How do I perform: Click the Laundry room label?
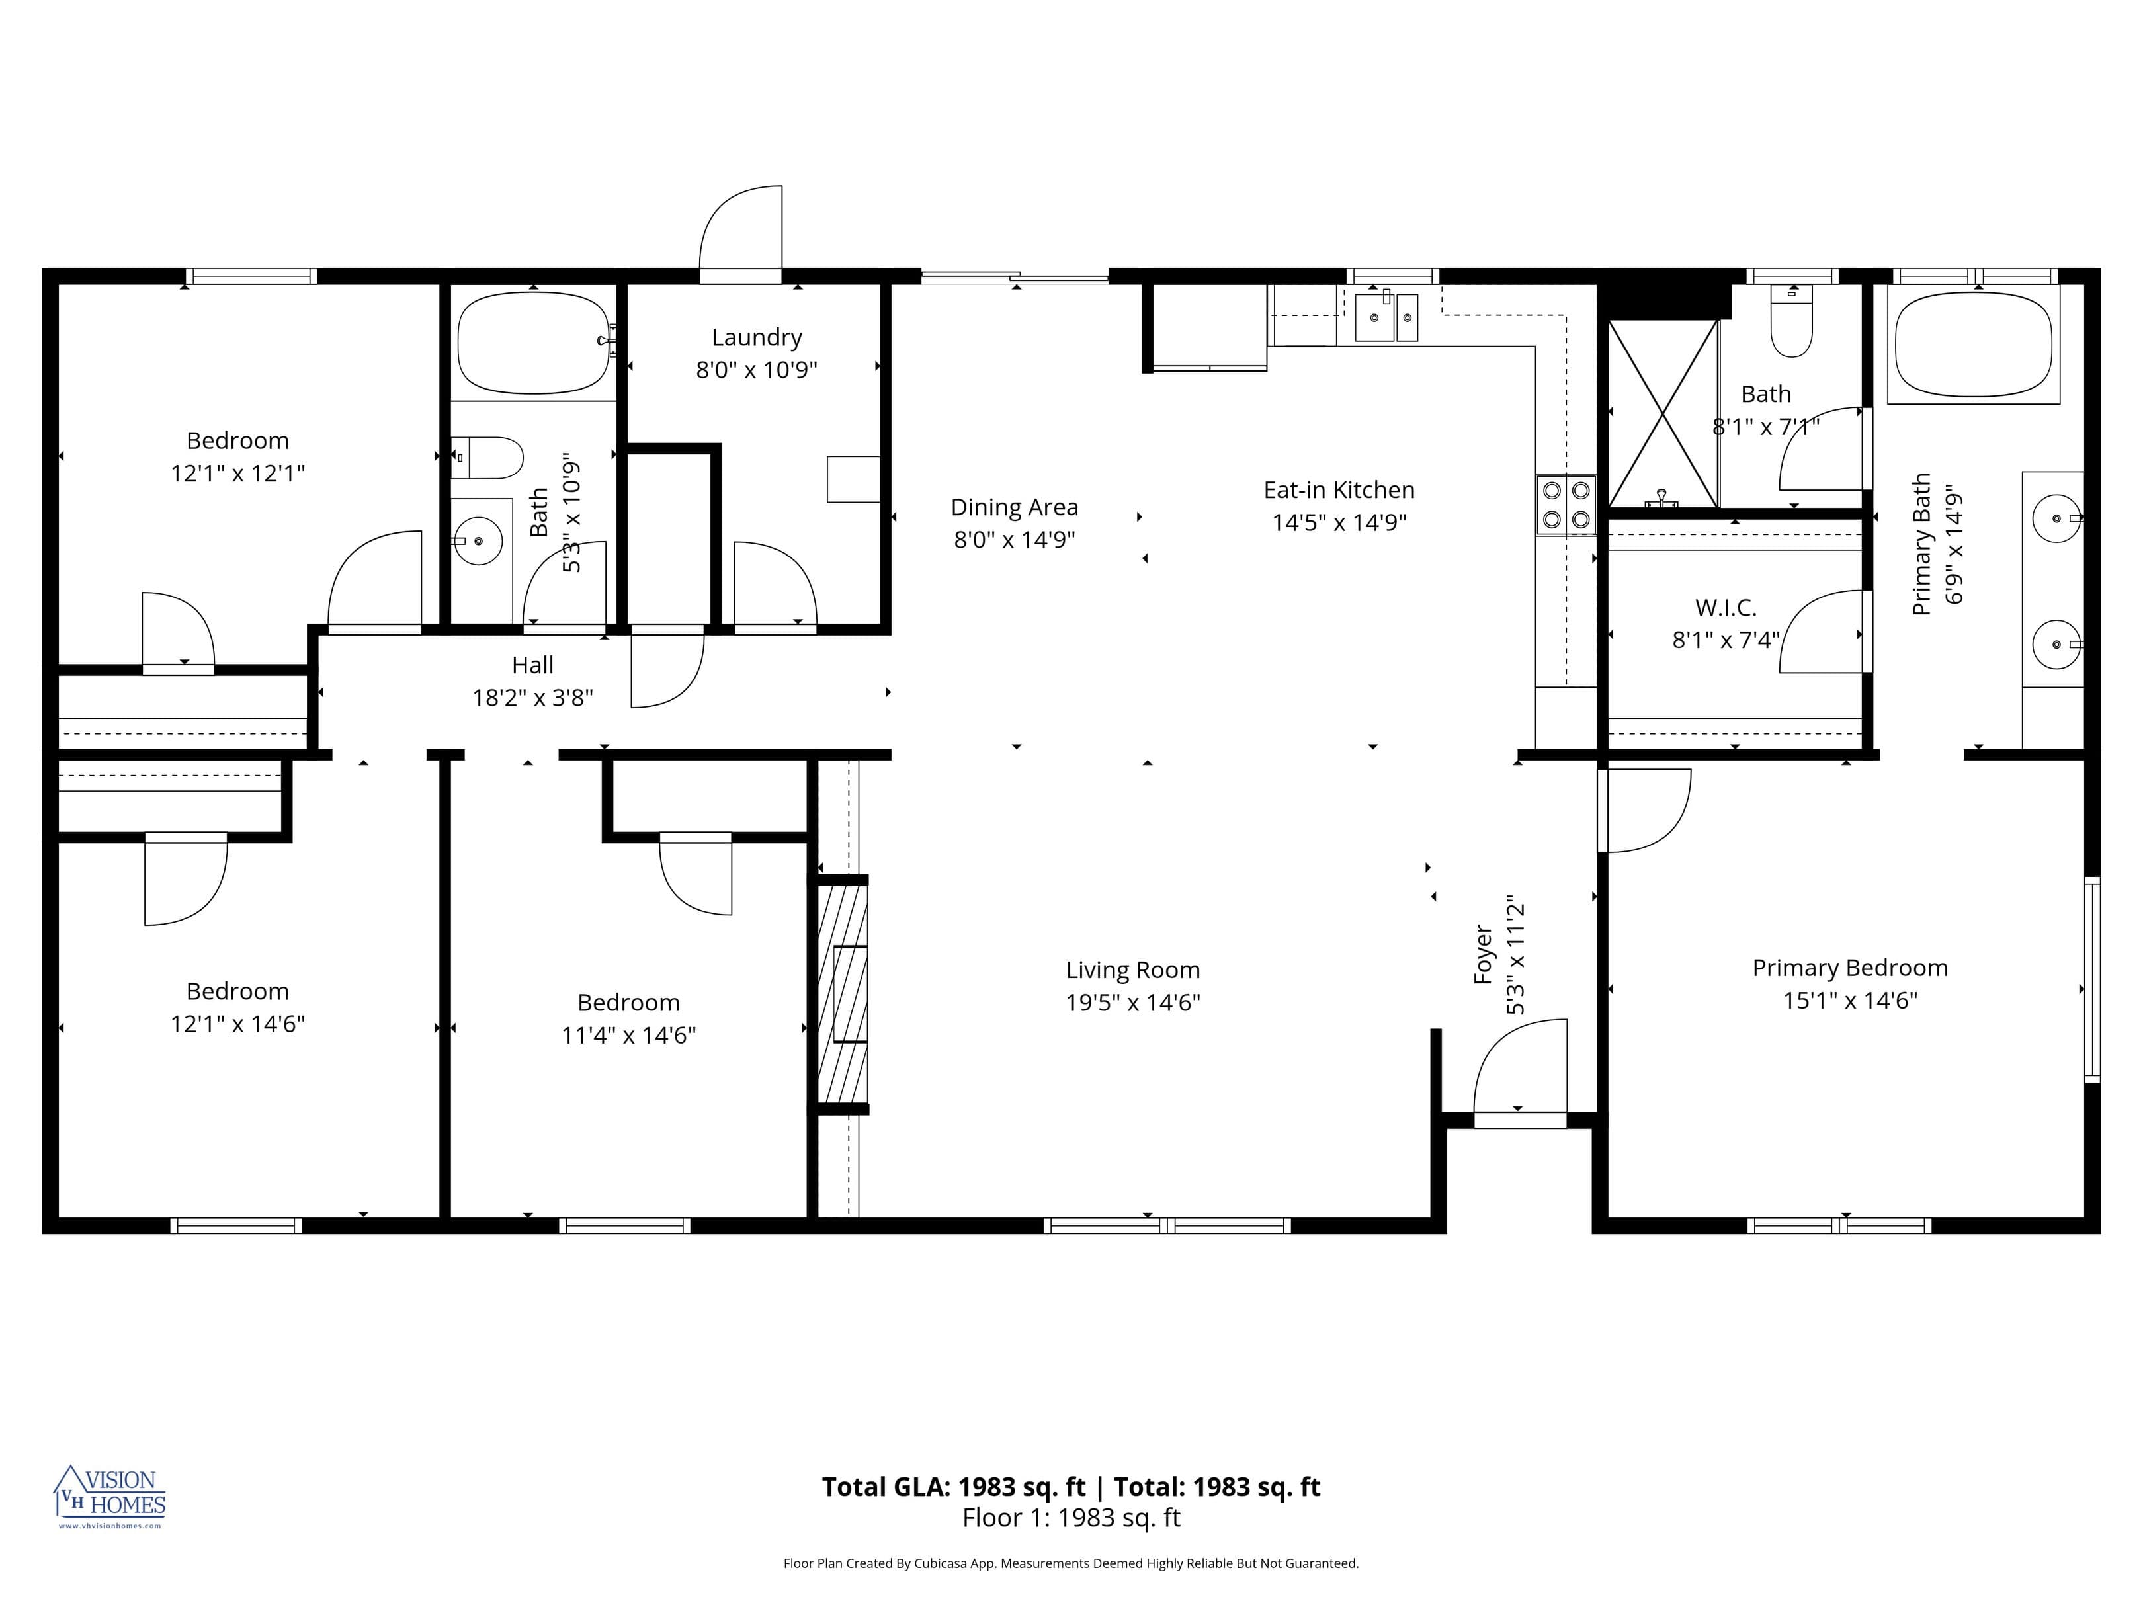tap(757, 337)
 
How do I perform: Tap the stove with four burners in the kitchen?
tap(1566, 505)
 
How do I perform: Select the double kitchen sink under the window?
tap(1386, 317)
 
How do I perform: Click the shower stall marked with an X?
tap(1662, 413)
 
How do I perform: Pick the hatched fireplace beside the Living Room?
tap(842, 993)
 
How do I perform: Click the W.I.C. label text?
tap(1726, 607)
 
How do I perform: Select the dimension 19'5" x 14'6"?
tap(1132, 1003)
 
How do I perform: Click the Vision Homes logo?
tap(110, 1496)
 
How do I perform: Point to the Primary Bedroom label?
tap(1849, 968)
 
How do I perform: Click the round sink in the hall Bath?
tap(478, 540)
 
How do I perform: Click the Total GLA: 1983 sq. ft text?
tap(953, 1487)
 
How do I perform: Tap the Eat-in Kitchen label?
tap(1339, 490)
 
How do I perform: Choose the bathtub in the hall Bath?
tap(534, 343)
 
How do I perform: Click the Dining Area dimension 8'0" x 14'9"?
tap(1015, 540)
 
